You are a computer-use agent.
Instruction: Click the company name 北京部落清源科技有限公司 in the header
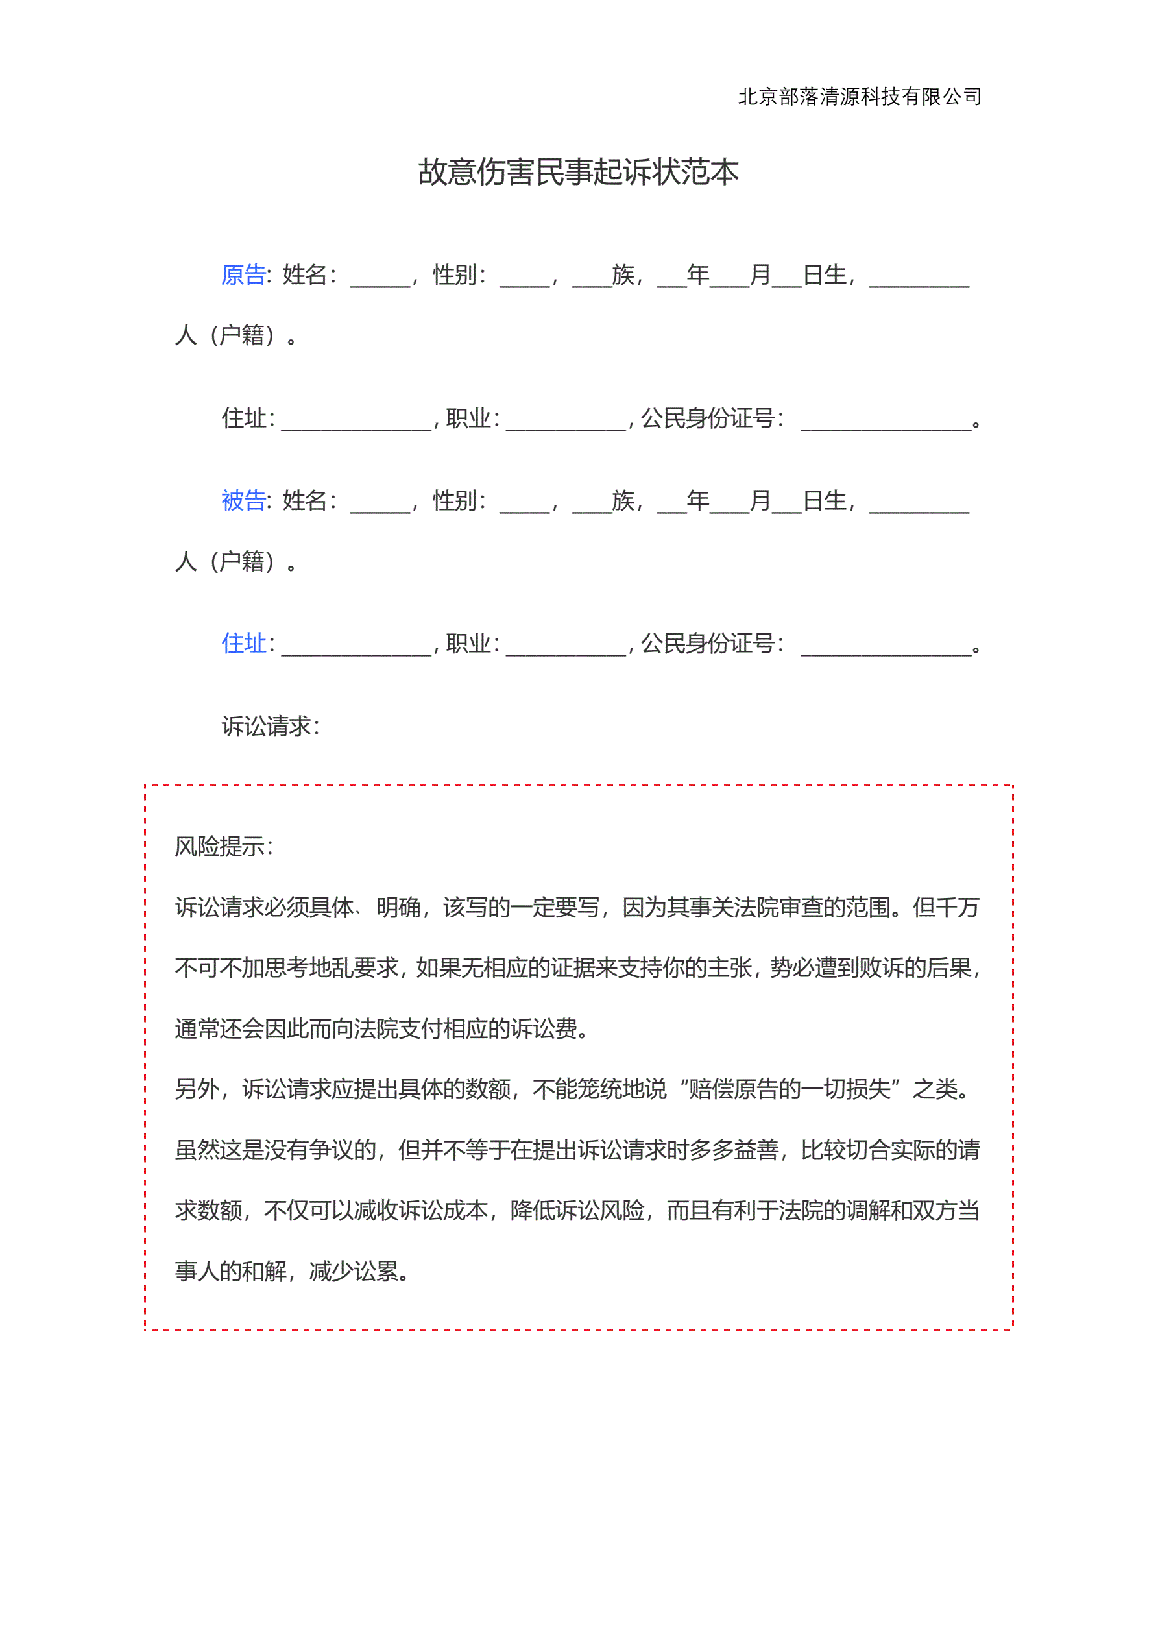(859, 96)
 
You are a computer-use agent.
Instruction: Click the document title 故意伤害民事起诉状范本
(578, 173)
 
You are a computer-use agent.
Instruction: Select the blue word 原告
(244, 274)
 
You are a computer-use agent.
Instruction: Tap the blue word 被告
(244, 500)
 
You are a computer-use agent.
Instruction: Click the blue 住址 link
(244, 643)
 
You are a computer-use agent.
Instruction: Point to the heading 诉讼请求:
(271, 727)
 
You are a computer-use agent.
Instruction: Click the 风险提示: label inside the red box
(223, 846)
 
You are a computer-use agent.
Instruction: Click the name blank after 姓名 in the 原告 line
(380, 280)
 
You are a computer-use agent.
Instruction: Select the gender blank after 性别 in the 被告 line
(524, 505)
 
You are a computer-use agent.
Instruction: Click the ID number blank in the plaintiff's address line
(886, 424)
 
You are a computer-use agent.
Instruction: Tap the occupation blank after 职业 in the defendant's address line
(566, 648)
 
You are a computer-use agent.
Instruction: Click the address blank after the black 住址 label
(357, 424)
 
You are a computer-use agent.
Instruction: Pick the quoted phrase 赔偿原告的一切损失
(790, 1089)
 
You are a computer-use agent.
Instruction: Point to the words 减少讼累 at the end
(354, 1271)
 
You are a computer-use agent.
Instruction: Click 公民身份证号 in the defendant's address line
(707, 643)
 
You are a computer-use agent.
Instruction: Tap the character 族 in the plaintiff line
(623, 274)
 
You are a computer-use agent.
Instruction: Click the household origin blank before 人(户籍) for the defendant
(919, 505)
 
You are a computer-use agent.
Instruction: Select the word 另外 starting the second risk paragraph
(197, 1089)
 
